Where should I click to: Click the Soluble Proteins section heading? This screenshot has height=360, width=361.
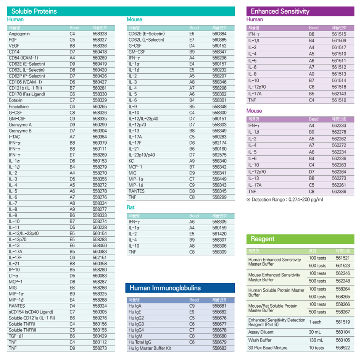point(34,11)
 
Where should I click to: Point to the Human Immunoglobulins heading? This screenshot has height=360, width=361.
point(165,288)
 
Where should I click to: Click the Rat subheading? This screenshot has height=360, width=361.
point(131,208)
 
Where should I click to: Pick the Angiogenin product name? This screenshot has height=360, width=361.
point(19,34)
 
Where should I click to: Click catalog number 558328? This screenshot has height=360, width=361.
point(100,34)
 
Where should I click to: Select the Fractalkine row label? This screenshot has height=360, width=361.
point(19,107)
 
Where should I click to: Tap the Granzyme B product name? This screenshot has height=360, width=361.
point(20,131)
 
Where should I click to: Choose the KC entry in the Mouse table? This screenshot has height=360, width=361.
point(131,161)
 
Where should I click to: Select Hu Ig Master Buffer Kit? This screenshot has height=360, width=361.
point(150,348)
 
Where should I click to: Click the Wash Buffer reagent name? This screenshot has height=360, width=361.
point(260,340)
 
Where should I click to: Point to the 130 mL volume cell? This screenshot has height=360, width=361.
point(316,340)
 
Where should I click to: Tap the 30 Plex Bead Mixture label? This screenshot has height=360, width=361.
point(268,348)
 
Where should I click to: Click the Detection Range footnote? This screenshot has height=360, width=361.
point(285,199)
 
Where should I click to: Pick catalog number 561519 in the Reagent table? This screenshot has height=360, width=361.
point(343,322)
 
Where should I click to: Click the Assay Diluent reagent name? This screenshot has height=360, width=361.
point(261,332)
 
